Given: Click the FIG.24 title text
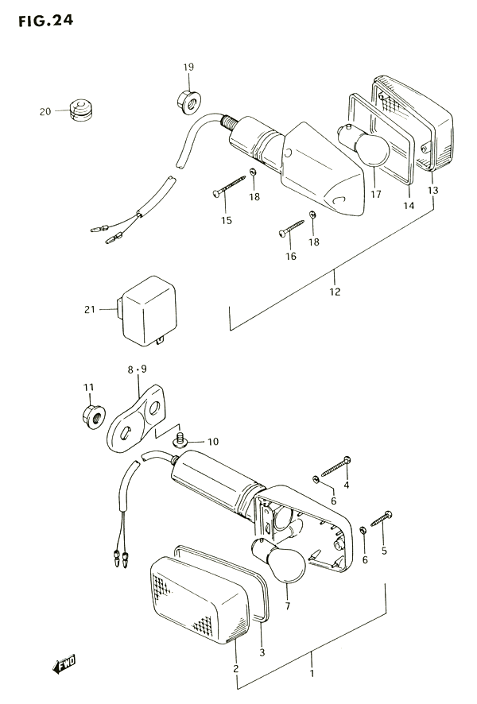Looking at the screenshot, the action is [45, 21].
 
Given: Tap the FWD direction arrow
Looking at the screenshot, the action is [64, 664].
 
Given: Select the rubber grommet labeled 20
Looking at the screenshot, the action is [80, 110].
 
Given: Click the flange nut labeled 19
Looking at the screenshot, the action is [188, 103].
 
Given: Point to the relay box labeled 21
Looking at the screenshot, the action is [147, 311].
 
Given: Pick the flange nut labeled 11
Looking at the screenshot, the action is [94, 416].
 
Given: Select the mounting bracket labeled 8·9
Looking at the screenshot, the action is [136, 418].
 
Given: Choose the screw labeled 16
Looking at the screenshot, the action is [291, 227].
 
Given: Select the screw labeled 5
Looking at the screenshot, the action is [382, 518].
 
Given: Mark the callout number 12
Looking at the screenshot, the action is [335, 292].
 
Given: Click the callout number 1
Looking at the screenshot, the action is [312, 674].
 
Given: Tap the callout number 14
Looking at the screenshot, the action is [409, 206].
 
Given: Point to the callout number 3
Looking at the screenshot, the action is [262, 652].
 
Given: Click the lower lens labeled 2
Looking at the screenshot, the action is [200, 599].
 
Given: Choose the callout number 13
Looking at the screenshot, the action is [432, 191].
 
